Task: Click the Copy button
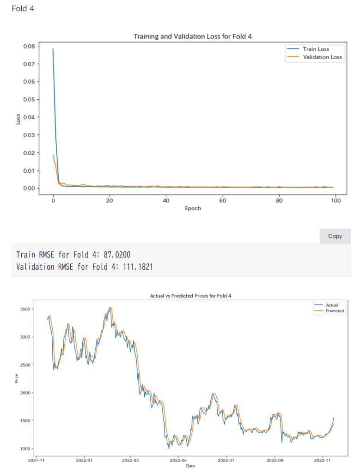click(335, 236)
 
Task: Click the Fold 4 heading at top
click(23, 8)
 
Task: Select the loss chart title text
click(192, 36)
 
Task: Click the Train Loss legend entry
click(316, 49)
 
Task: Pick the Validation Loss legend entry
click(322, 57)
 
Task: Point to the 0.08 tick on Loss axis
click(29, 46)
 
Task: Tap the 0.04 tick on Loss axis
click(29, 117)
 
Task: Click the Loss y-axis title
click(18, 119)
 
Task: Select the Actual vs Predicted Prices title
click(190, 295)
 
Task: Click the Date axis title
click(190, 466)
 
